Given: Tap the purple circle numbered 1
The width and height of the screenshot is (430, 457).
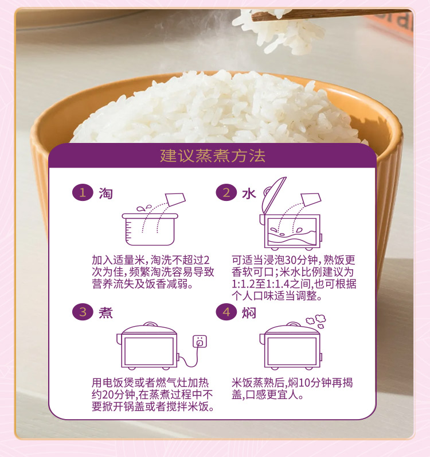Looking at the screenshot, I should click(83, 193).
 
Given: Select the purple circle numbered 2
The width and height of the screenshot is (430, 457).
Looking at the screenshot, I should click(226, 193).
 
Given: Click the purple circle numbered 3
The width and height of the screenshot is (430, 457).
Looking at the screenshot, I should click(83, 312).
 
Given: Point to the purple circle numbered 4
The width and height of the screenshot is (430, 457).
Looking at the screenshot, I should click(226, 312).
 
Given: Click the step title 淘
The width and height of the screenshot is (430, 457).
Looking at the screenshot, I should click(105, 193).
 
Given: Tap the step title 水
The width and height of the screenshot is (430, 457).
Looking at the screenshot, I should click(248, 193).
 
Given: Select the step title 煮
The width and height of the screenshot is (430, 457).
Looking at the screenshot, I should click(105, 313).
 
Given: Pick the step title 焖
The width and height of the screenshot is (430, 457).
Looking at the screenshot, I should click(248, 313).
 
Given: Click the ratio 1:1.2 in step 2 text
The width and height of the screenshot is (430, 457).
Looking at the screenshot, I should click(245, 284).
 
